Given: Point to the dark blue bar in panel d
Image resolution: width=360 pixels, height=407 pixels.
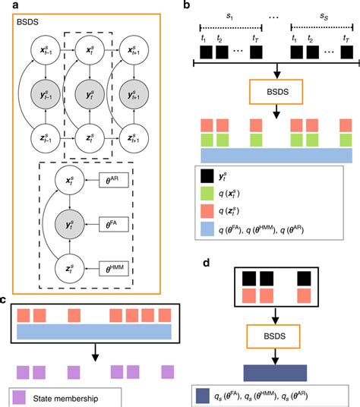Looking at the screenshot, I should coord(275,373).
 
